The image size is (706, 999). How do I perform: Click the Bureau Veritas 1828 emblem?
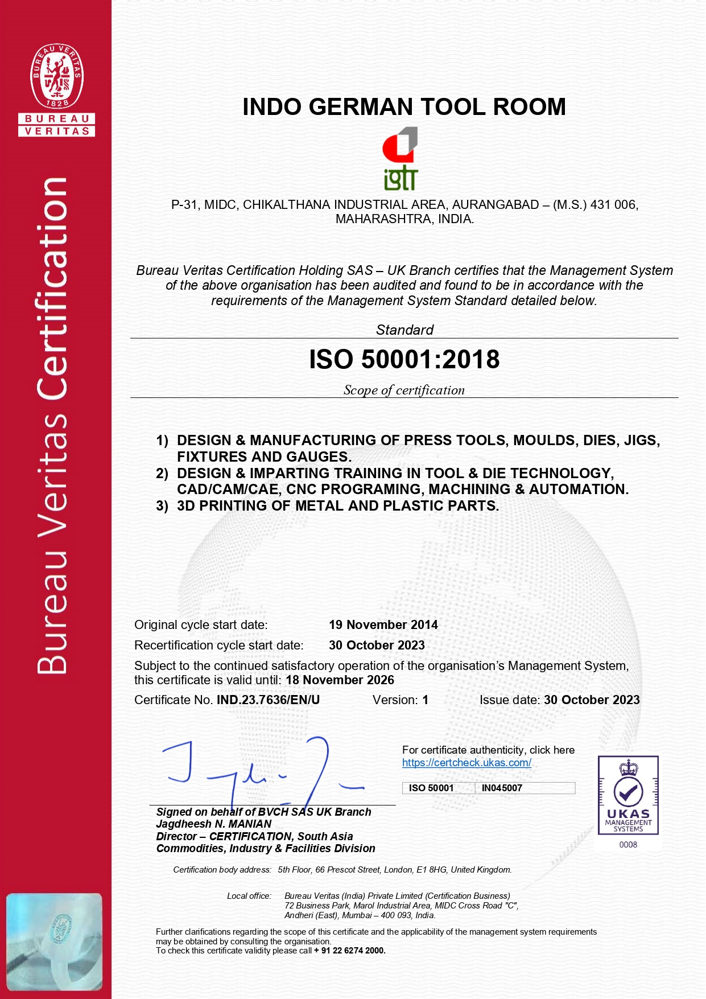pyautogui.click(x=57, y=76)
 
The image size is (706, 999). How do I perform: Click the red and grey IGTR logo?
pyautogui.click(x=401, y=158)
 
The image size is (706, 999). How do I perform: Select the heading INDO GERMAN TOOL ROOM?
pyautogui.click(x=404, y=107)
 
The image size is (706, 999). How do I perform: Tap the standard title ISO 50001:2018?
pyautogui.click(x=404, y=359)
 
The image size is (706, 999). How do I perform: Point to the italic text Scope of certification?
pyautogui.click(x=404, y=390)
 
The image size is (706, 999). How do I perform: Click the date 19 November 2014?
pyautogui.click(x=383, y=624)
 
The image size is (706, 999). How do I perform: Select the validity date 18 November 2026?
pyautogui.click(x=340, y=680)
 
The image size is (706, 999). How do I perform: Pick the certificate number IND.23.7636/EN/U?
pyautogui.click(x=268, y=700)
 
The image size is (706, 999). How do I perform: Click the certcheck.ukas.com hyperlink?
pyautogui.click(x=466, y=762)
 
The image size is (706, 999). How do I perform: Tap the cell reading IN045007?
pyautogui.click(x=502, y=788)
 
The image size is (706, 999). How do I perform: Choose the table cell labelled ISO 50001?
pyautogui.click(x=431, y=788)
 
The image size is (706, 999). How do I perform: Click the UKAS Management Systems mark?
pyautogui.click(x=628, y=795)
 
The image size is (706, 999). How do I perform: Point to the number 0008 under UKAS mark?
pyautogui.click(x=628, y=844)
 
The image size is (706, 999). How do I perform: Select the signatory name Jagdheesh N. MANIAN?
pyautogui.click(x=214, y=824)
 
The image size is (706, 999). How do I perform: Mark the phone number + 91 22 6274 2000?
pyautogui.click(x=350, y=950)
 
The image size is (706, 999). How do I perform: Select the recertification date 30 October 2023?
pyautogui.click(x=377, y=645)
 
